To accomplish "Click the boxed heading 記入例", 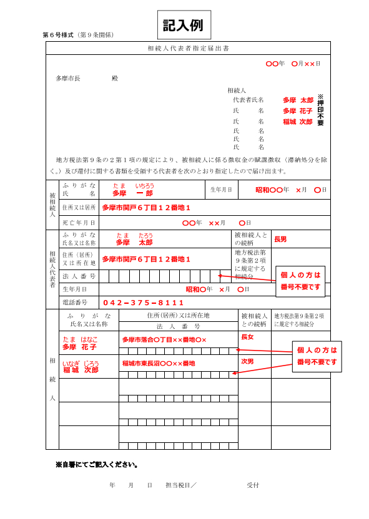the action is (x=184, y=25).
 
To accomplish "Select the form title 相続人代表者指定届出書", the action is (x=188, y=48).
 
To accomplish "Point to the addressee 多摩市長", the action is (x=68, y=78).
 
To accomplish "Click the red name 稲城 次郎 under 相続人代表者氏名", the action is (x=297, y=122).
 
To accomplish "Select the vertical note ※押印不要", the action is (x=320, y=110).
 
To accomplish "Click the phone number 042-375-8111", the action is (x=144, y=303).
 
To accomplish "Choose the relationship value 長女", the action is (x=247, y=337).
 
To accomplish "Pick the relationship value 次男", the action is (x=247, y=361).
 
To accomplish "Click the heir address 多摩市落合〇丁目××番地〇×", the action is (x=164, y=339).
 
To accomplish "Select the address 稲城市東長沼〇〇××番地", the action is (x=159, y=363).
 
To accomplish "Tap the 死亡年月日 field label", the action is (x=79, y=223).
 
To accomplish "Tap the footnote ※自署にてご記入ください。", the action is (x=96, y=465).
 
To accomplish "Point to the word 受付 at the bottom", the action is (x=252, y=485).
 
